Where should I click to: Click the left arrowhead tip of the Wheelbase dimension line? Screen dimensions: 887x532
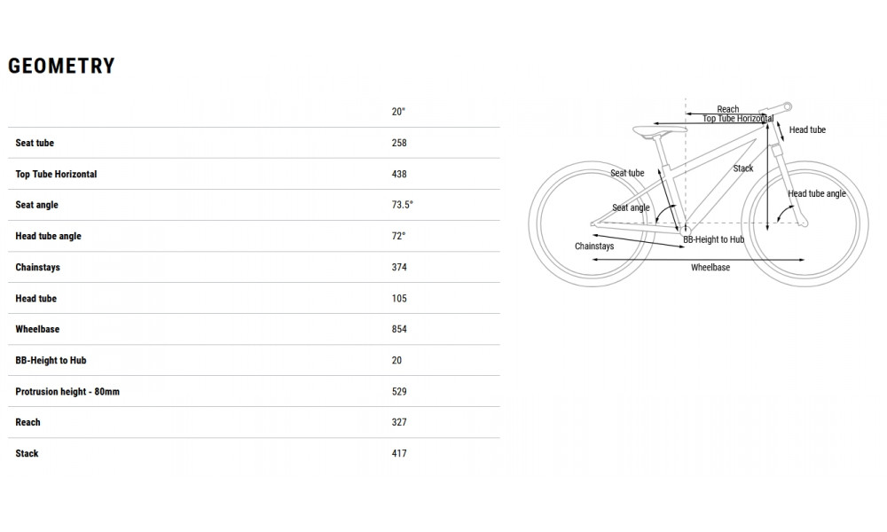click(x=593, y=260)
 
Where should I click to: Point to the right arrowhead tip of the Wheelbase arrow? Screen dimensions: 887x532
click(x=805, y=260)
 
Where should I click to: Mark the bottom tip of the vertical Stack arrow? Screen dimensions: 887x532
click(x=767, y=231)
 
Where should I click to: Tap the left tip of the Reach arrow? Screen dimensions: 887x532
click(x=686, y=114)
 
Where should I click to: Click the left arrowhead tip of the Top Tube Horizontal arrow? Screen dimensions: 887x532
click(x=654, y=123)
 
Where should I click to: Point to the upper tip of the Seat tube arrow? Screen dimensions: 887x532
click(x=658, y=168)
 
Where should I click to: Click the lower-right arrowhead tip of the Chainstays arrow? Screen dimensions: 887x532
click(x=685, y=246)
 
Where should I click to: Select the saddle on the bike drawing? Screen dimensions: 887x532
click(x=660, y=132)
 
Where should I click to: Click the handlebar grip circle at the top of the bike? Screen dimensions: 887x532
click(x=787, y=106)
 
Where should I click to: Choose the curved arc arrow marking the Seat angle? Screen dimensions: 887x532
click(x=664, y=213)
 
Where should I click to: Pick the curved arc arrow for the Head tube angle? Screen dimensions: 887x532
click(x=785, y=213)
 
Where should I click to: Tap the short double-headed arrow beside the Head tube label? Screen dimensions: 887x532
click(x=780, y=130)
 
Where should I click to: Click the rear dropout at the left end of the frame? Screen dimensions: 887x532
click(x=593, y=223)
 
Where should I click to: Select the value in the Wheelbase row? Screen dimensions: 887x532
click(x=399, y=329)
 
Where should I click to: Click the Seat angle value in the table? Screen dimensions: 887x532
click(x=402, y=205)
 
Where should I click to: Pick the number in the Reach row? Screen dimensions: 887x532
click(x=399, y=422)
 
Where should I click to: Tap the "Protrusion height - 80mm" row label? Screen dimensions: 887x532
click(x=67, y=391)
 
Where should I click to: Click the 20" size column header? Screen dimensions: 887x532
click(x=398, y=112)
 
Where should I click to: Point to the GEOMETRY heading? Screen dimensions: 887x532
click(x=62, y=66)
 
